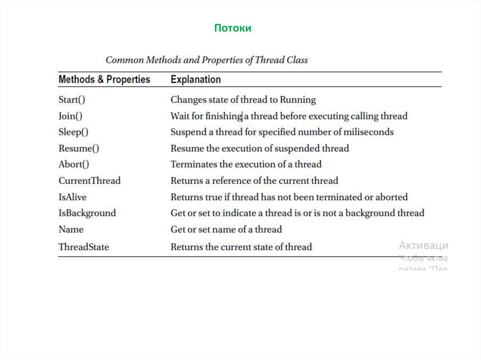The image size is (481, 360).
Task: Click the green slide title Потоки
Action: tap(233, 28)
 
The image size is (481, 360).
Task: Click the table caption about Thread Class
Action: tap(207, 60)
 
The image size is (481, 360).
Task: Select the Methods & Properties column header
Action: tap(104, 79)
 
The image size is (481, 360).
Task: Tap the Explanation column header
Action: tap(195, 79)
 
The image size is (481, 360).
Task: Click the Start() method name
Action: tap(72, 100)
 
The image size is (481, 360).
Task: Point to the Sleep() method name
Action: tap(73, 132)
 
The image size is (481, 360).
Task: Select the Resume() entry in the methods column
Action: tap(78, 148)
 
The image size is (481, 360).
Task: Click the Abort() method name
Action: tap(74, 164)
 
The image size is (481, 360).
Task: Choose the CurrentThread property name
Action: tap(89, 181)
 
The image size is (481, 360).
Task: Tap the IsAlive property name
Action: tap(72, 197)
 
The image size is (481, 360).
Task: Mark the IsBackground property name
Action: tap(87, 213)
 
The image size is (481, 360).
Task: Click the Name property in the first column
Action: tap(71, 230)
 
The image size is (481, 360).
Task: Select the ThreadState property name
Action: tap(84, 247)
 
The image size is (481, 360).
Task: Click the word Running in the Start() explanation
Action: tap(298, 100)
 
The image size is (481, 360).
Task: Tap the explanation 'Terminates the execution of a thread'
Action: tap(246, 164)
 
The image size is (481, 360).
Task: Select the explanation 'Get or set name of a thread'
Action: tap(226, 230)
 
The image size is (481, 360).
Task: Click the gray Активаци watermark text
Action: tap(423, 245)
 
